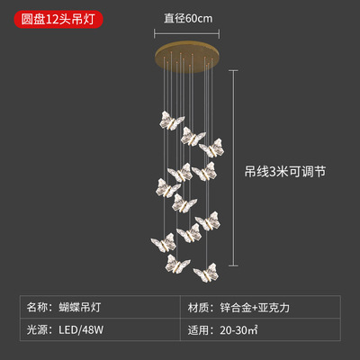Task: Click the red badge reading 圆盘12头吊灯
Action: coord(58,19)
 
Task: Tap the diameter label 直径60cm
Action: coord(188,19)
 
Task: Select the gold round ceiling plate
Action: coord(187,57)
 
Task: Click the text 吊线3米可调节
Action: coord(285,172)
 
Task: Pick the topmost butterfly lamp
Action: coord(172,121)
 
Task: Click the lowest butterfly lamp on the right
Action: coord(206,273)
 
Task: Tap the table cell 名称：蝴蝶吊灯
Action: coord(100,307)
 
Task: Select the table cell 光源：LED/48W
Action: coord(100,329)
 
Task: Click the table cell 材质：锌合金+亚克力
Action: coord(260,307)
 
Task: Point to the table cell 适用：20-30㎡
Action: coord(260,329)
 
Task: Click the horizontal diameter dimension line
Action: coord(186,33)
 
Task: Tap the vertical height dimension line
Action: coord(233,168)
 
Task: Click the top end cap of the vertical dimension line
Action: coord(233,71)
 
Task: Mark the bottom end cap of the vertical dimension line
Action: coord(233,265)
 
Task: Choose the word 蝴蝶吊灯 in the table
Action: coord(80,307)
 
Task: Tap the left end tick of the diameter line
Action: coord(155,33)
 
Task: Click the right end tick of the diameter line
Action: coord(219,33)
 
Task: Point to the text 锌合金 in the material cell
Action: coord(236,308)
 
